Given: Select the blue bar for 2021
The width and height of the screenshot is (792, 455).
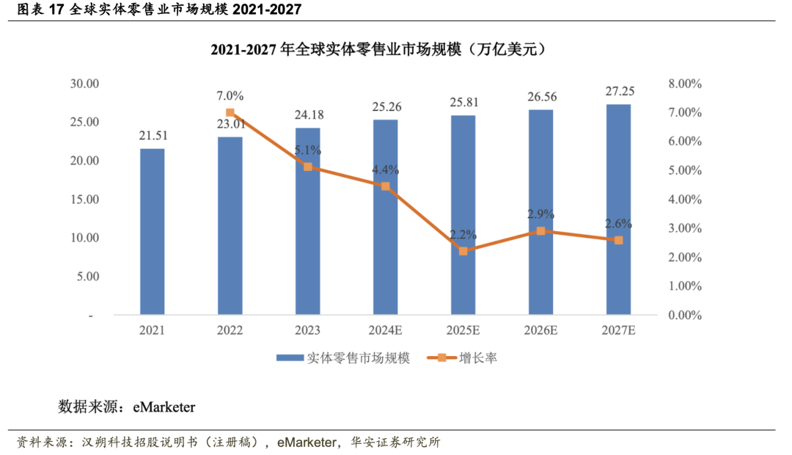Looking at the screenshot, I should pyautogui.click(x=152, y=232).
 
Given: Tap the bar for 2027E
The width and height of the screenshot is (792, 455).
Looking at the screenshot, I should pyautogui.click(x=618, y=210).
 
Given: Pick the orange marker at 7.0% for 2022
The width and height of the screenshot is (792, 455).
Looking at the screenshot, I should pyautogui.click(x=230, y=113).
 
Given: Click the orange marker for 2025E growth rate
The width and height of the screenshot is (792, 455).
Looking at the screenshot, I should pyautogui.click(x=463, y=251).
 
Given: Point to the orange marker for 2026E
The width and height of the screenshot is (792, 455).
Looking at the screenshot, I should pyautogui.click(x=540, y=231).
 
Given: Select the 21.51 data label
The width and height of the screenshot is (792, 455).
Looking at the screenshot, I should pyautogui.click(x=152, y=136).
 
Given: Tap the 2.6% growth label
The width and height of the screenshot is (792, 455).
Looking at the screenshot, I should pyautogui.click(x=618, y=224).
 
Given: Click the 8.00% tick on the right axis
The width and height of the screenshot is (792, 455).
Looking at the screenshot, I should pyautogui.click(x=684, y=84).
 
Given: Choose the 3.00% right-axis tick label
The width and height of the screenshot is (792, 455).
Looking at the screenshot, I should pyautogui.click(x=684, y=228).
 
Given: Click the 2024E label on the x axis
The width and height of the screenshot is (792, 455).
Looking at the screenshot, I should pyautogui.click(x=385, y=331).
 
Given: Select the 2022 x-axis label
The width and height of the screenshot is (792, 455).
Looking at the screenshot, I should pyautogui.click(x=230, y=331).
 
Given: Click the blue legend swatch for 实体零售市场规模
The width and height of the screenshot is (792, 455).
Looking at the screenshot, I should pyautogui.click(x=290, y=358).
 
